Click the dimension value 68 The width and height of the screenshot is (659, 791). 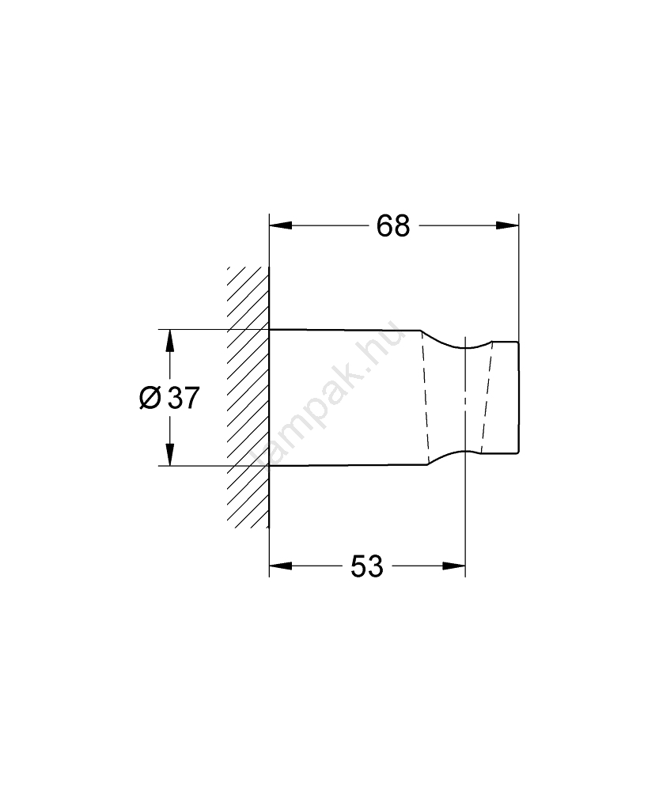click(x=393, y=226)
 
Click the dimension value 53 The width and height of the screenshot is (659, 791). click(x=367, y=566)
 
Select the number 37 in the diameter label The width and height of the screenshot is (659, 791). click(x=184, y=398)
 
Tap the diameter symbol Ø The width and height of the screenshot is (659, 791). click(x=150, y=398)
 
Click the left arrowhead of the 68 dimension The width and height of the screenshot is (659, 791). click(x=281, y=225)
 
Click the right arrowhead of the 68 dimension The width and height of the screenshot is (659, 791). click(x=507, y=225)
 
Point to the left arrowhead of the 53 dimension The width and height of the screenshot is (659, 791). click(x=281, y=566)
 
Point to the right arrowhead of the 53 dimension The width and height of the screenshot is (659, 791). click(x=453, y=566)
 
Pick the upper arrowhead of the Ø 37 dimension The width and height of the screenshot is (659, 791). click(x=170, y=341)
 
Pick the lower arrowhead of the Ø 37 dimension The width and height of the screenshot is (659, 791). click(x=170, y=454)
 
